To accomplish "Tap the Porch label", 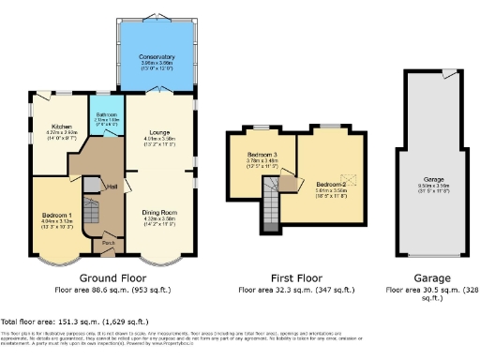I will (109, 242).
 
